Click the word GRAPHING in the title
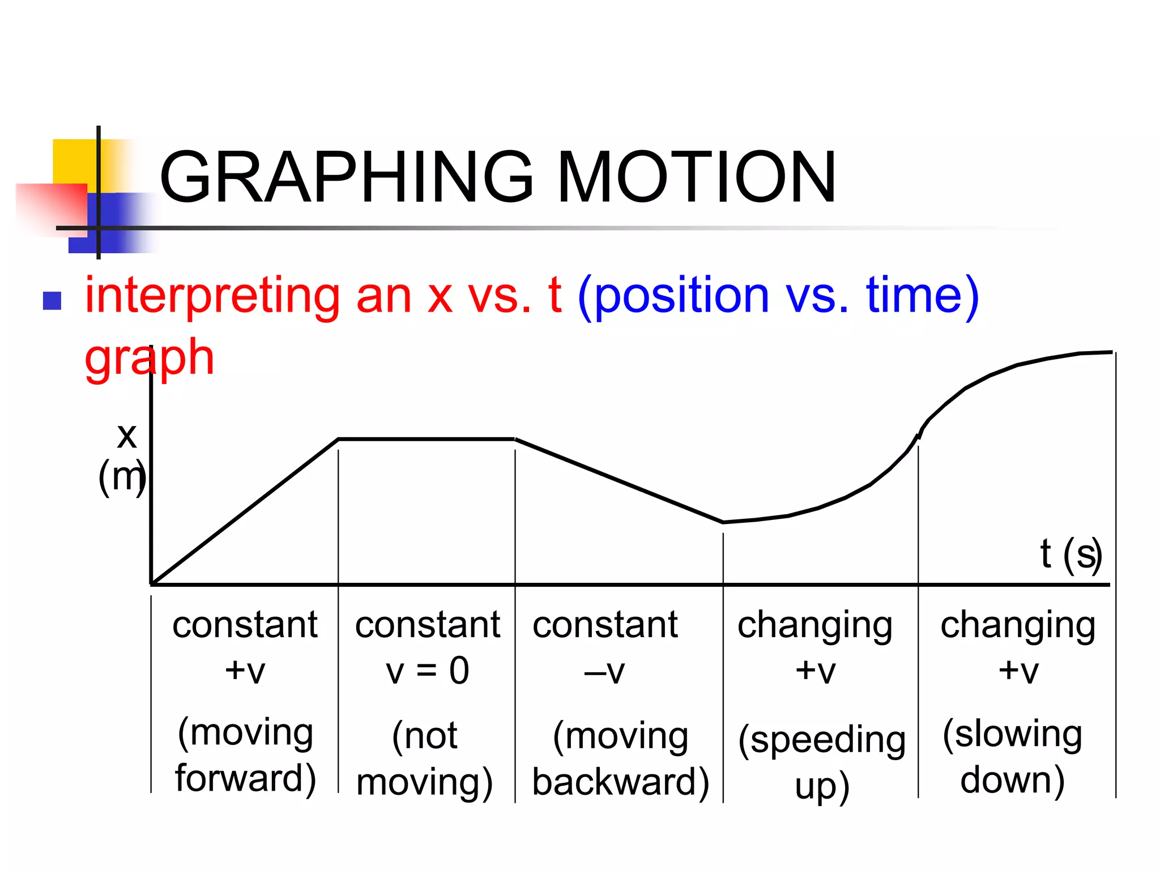tap(346, 177)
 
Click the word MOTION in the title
tap(697, 177)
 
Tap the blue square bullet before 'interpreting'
tap(52, 301)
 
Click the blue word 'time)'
tap(923, 296)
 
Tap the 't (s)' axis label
tap(1071, 554)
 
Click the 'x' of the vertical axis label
tap(127, 436)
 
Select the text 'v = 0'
tap(428, 671)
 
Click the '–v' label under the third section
tap(604, 672)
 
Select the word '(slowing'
tap(1012, 734)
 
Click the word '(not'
tap(425, 736)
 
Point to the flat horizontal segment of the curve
tap(427, 439)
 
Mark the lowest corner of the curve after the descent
tap(723, 522)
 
